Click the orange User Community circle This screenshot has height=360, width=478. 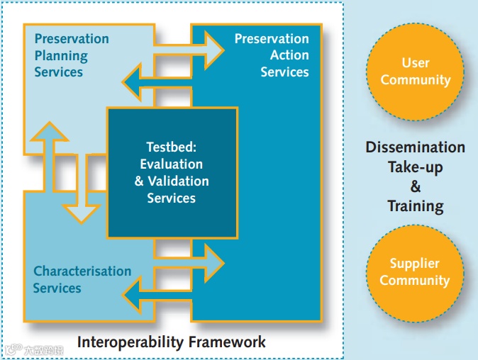pyautogui.click(x=415, y=72)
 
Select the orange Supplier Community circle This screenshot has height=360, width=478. pyautogui.click(x=415, y=272)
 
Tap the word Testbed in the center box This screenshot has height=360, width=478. pyautogui.click(x=171, y=147)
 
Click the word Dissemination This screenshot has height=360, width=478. pyautogui.click(x=416, y=147)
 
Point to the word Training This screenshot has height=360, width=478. pyautogui.click(x=416, y=207)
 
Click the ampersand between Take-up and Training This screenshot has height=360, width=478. pyautogui.click(x=416, y=187)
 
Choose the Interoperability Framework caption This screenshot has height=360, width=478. pyautogui.click(x=172, y=342)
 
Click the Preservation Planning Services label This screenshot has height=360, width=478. pyautogui.click(x=71, y=55)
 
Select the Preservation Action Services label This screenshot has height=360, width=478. pyautogui.click(x=272, y=55)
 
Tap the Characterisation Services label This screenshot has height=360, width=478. pyautogui.click(x=82, y=279)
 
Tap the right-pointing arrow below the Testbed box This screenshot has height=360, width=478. pyautogui.click(x=188, y=262)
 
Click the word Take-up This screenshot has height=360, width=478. pyautogui.click(x=416, y=167)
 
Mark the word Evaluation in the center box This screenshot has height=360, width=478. pyautogui.click(x=172, y=164)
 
